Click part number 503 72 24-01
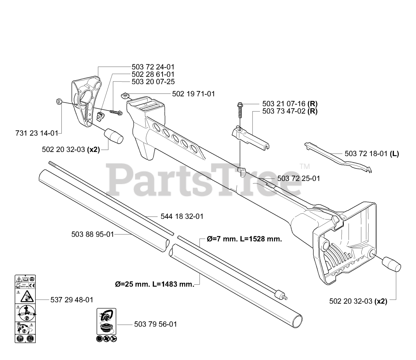coord(153,67)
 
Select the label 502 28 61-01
coord(153,74)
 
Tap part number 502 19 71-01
coord(193,94)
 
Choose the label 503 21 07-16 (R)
coord(290,104)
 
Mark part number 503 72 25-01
coord(298,178)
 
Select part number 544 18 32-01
coord(182,216)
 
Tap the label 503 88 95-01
coord(93,234)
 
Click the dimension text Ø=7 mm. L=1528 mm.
coord(244,239)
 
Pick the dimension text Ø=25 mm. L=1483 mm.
coord(154,284)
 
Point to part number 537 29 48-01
coord(72,300)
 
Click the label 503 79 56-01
coord(155,324)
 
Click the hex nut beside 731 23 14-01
coord(59,102)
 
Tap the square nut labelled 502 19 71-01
coord(125,95)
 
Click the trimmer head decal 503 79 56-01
coord(107,321)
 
